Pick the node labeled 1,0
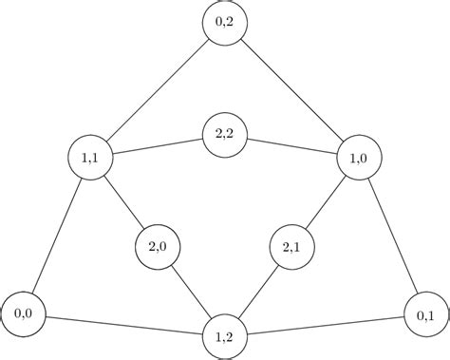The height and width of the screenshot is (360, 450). point(360,158)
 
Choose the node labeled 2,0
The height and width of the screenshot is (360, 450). point(158,247)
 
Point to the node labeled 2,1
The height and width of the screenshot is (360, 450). point(292,247)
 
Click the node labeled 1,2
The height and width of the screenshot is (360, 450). point(225,336)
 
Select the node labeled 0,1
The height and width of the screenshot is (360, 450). point(426,314)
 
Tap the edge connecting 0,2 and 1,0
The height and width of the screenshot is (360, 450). point(292,90)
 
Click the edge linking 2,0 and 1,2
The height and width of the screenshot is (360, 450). point(191,292)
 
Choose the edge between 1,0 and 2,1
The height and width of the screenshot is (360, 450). point(326,202)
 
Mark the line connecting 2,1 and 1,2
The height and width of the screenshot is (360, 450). point(258,292)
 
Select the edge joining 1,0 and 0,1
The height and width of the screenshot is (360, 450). point(393,236)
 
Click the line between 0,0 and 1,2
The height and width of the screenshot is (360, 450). point(123,324)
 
